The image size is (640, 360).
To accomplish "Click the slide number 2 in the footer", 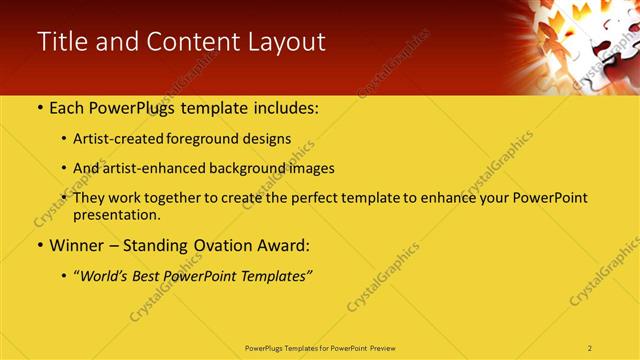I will (590, 347).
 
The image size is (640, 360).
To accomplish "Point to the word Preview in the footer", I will (389, 347).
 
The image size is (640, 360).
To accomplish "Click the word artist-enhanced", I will (153, 168).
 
